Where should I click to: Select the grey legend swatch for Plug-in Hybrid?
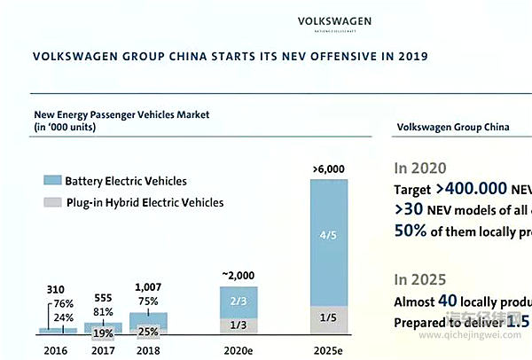[51, 202]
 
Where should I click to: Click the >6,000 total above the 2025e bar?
[329, 168]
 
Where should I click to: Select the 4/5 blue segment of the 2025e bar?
[329, 236]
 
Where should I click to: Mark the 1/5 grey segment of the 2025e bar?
[329, 317]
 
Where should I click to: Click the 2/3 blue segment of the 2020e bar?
[239, 301]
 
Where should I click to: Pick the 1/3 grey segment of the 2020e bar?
[239, 325]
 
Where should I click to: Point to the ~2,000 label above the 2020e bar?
[239, 276]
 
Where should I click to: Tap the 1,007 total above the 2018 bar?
[147, 287]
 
